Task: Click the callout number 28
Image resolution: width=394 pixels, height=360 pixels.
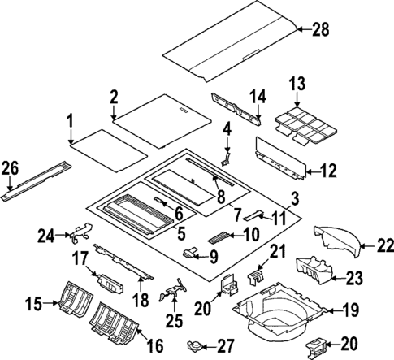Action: click(322, 29)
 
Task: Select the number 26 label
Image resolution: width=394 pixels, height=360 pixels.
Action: click(10, 169)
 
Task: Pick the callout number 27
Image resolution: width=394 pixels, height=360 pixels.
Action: click(223, 345)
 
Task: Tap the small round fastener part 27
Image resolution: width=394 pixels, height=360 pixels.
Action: click(195, 345)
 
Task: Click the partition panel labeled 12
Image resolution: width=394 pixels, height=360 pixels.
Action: click(280, 160)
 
